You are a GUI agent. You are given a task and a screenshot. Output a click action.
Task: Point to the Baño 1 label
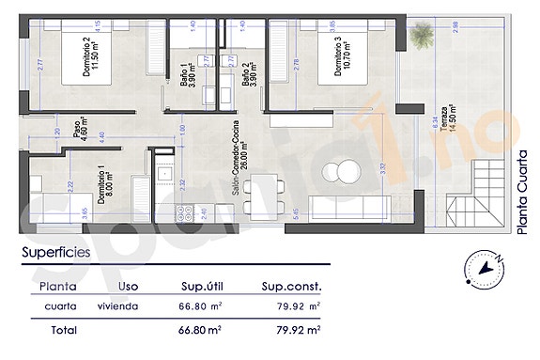pos(188,73)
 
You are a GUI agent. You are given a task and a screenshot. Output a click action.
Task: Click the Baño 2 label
pos(249,73)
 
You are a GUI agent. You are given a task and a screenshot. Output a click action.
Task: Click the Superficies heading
pos(56,252)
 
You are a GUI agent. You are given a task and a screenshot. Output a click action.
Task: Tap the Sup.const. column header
pos(291,287)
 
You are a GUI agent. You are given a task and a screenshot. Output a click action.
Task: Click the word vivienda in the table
pos(118,306)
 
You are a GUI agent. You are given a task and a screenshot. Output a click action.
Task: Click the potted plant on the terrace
pos(419,36)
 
